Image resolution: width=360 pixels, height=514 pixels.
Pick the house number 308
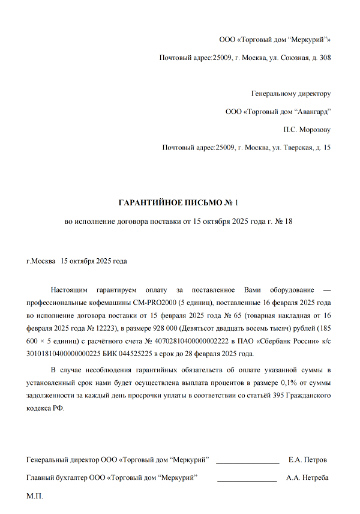tap(325, 58)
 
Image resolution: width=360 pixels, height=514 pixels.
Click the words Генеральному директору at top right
tap(290, 94)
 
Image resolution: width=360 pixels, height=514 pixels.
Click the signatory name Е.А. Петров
tap(308, 460)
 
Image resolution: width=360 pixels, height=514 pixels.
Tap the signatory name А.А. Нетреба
tap(307, 478)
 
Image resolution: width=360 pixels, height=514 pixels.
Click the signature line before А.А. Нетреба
tap(247, 480)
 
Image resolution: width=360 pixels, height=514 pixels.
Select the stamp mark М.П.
tap(35, 497)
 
